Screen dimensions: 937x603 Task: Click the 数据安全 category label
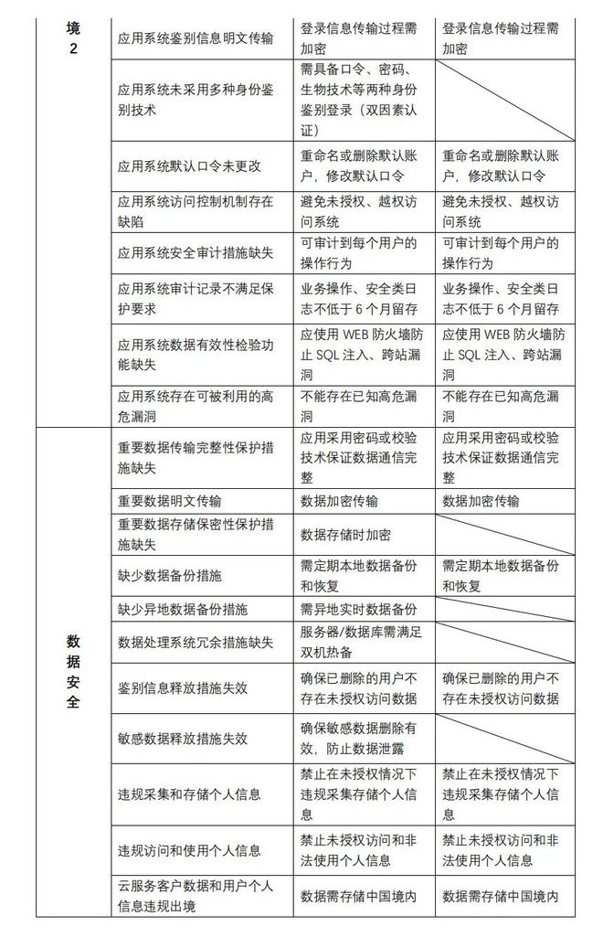point(73,671)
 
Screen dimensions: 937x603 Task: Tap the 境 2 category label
point(73,37)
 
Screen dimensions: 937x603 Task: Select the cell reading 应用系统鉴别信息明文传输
point(196,37)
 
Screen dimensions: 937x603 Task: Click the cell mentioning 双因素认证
point(364,101)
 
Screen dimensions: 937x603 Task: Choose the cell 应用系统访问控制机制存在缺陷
point(196,212)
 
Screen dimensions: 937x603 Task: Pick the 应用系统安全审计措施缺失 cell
point(196,253)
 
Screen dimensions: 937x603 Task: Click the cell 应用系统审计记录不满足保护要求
point(196,299)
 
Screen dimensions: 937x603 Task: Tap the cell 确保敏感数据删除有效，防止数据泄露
point(364,739)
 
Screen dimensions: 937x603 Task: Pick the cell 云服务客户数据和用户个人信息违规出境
point(196,896)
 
